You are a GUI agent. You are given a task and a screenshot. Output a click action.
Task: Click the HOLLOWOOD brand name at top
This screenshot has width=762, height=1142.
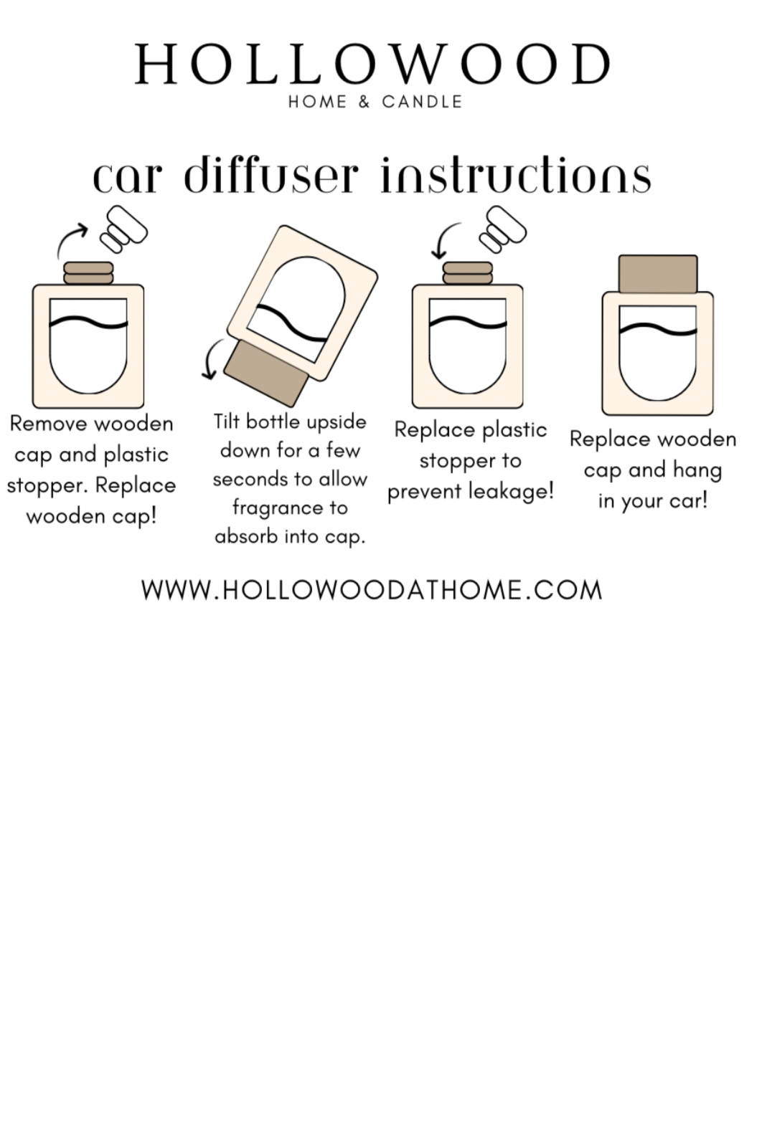372,65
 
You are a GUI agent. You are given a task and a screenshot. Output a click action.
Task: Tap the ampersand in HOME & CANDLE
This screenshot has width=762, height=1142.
364,102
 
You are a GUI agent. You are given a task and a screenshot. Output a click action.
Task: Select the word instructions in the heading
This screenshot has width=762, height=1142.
516,175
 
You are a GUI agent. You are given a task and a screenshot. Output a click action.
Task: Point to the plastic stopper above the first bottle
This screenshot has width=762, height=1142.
124,229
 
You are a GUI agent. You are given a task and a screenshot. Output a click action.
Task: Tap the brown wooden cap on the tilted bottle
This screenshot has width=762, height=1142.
266,373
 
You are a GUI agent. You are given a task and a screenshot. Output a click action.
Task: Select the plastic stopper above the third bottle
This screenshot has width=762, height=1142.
503,229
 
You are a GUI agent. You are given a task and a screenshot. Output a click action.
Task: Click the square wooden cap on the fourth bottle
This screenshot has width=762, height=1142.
658,275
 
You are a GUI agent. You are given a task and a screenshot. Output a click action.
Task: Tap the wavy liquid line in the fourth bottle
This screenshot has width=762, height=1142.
658,330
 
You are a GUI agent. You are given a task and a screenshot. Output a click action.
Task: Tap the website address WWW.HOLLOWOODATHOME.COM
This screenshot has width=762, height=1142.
372,590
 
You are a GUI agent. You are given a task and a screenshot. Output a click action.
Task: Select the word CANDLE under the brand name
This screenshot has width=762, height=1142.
422,102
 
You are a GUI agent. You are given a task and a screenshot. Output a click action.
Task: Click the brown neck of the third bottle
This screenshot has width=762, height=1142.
468,273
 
